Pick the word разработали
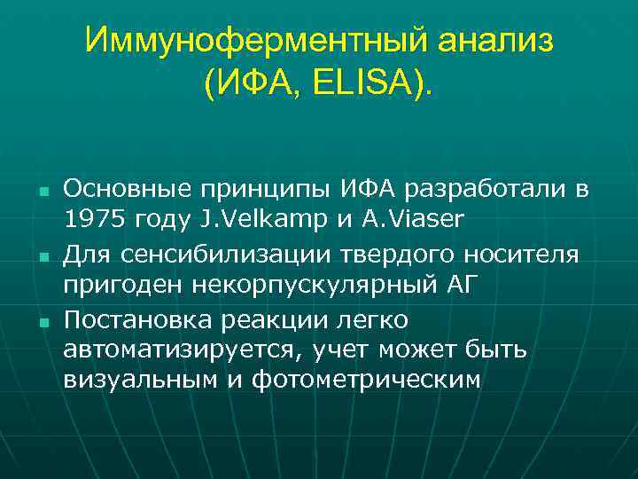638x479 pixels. (x=486, y=189)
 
